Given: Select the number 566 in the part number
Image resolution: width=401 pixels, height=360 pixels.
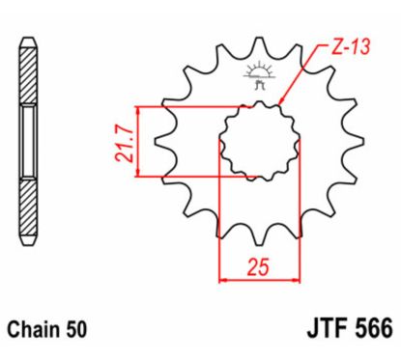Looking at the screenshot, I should click(368, 328).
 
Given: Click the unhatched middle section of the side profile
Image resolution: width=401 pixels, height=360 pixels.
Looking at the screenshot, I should click(29, 143).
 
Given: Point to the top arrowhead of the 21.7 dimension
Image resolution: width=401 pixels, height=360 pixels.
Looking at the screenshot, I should click(140, 109).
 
